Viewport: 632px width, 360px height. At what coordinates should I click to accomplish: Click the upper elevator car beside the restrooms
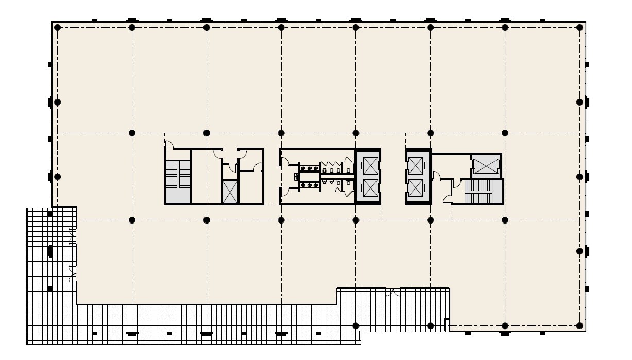[x=369, y=166]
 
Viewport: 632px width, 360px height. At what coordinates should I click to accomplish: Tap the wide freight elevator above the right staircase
[x=486, y=166]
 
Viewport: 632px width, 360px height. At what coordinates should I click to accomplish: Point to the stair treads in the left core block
[x=178, y=174]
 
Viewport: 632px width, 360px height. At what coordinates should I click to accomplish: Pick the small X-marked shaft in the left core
[x=230, y=192]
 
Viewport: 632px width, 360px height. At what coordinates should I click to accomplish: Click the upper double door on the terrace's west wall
[x=72, y=236]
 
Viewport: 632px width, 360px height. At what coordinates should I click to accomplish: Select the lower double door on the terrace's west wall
[x=72, y=274]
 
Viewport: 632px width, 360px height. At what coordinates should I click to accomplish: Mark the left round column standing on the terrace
[x=356, y=325]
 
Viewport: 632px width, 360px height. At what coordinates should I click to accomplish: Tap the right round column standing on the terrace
[x=431, y=325]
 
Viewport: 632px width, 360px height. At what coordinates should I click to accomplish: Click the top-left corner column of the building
[x=58, y=27]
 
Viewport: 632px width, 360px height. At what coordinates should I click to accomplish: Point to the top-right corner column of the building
[x=580, y=27]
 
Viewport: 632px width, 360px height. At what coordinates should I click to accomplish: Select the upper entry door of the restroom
[x=284, y=162]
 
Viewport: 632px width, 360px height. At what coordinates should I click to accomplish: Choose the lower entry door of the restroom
[x=284, y=192]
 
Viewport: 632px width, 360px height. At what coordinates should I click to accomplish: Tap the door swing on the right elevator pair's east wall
[x=436, y=176]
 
